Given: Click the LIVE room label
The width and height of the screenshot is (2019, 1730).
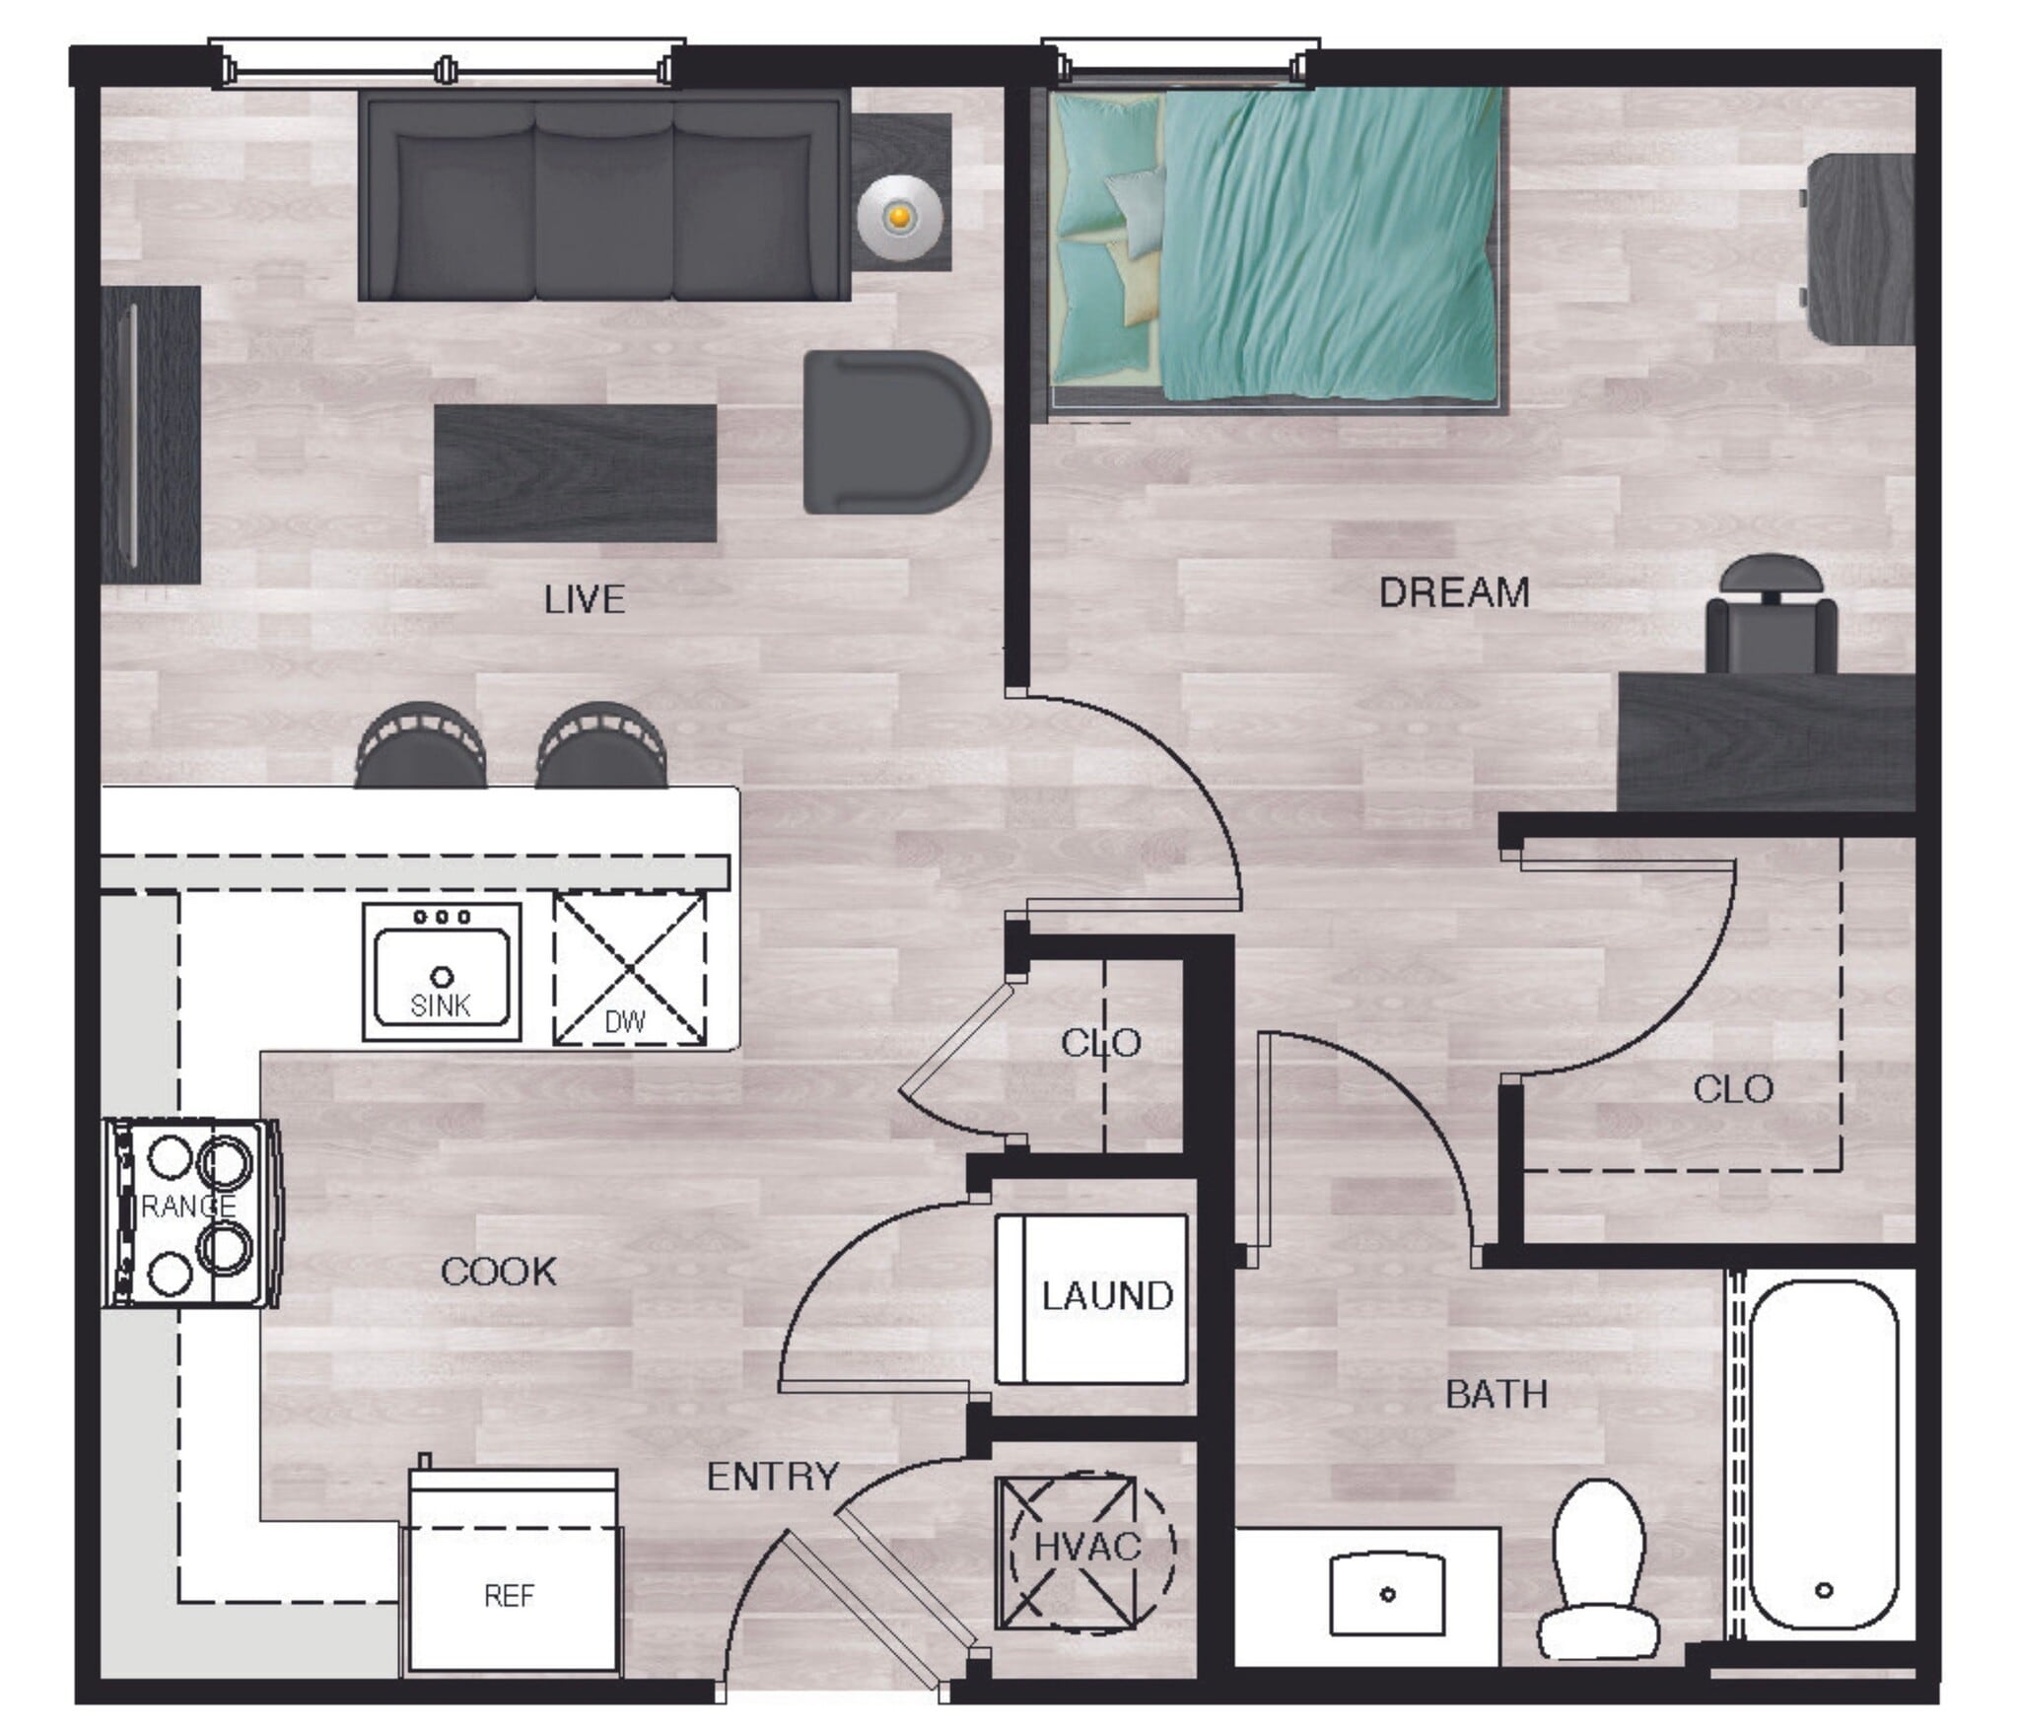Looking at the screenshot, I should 585,600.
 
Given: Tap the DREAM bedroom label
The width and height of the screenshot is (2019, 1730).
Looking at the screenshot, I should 1454,592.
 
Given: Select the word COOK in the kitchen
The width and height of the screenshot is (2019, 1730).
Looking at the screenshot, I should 498,1272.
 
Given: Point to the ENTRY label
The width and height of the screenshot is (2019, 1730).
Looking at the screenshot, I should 773,1476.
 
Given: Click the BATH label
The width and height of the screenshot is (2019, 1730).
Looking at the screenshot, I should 1496,1394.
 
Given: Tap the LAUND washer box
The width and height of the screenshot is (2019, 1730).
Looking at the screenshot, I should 1091,1298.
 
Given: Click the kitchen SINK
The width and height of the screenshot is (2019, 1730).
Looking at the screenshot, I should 441,972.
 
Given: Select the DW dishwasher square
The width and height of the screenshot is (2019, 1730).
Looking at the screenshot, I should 629,969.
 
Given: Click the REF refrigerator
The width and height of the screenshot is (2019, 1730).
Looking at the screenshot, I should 511,1594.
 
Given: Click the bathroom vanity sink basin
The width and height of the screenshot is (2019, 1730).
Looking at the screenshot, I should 1387,1594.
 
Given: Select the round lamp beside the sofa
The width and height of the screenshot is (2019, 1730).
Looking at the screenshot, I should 898,216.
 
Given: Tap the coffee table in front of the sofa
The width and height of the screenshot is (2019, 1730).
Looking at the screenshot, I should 575,473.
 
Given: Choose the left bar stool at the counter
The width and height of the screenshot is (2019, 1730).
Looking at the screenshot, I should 421,746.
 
